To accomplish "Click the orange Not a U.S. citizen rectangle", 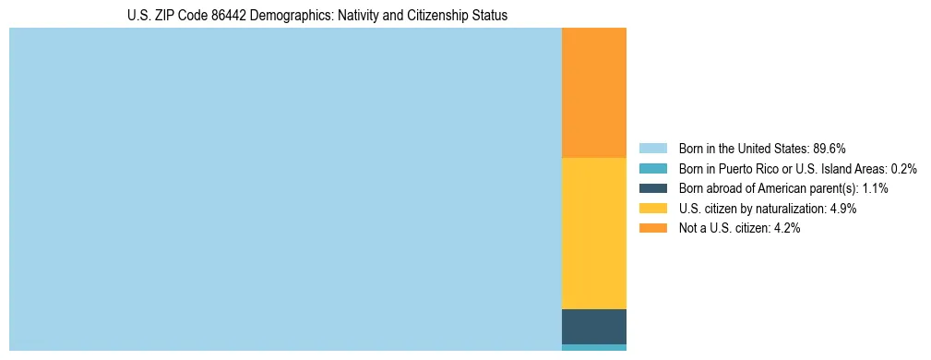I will click(x=593, y=92).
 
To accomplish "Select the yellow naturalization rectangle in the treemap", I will click(x=593, y=233).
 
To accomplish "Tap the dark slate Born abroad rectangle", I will click(x=593, y=326).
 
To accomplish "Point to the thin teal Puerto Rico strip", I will click(x=593, y=347).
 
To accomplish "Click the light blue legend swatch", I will click(x=652, y=148).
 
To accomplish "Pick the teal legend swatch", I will click(x=652, y=168).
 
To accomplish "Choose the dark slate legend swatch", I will click(x=652, y=188).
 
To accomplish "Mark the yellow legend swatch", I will click(x=652, y=209).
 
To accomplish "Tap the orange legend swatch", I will click(x=652, y=229).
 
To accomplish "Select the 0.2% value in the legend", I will click(x=904, y=168).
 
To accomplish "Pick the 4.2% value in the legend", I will click(x=784, y=229).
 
